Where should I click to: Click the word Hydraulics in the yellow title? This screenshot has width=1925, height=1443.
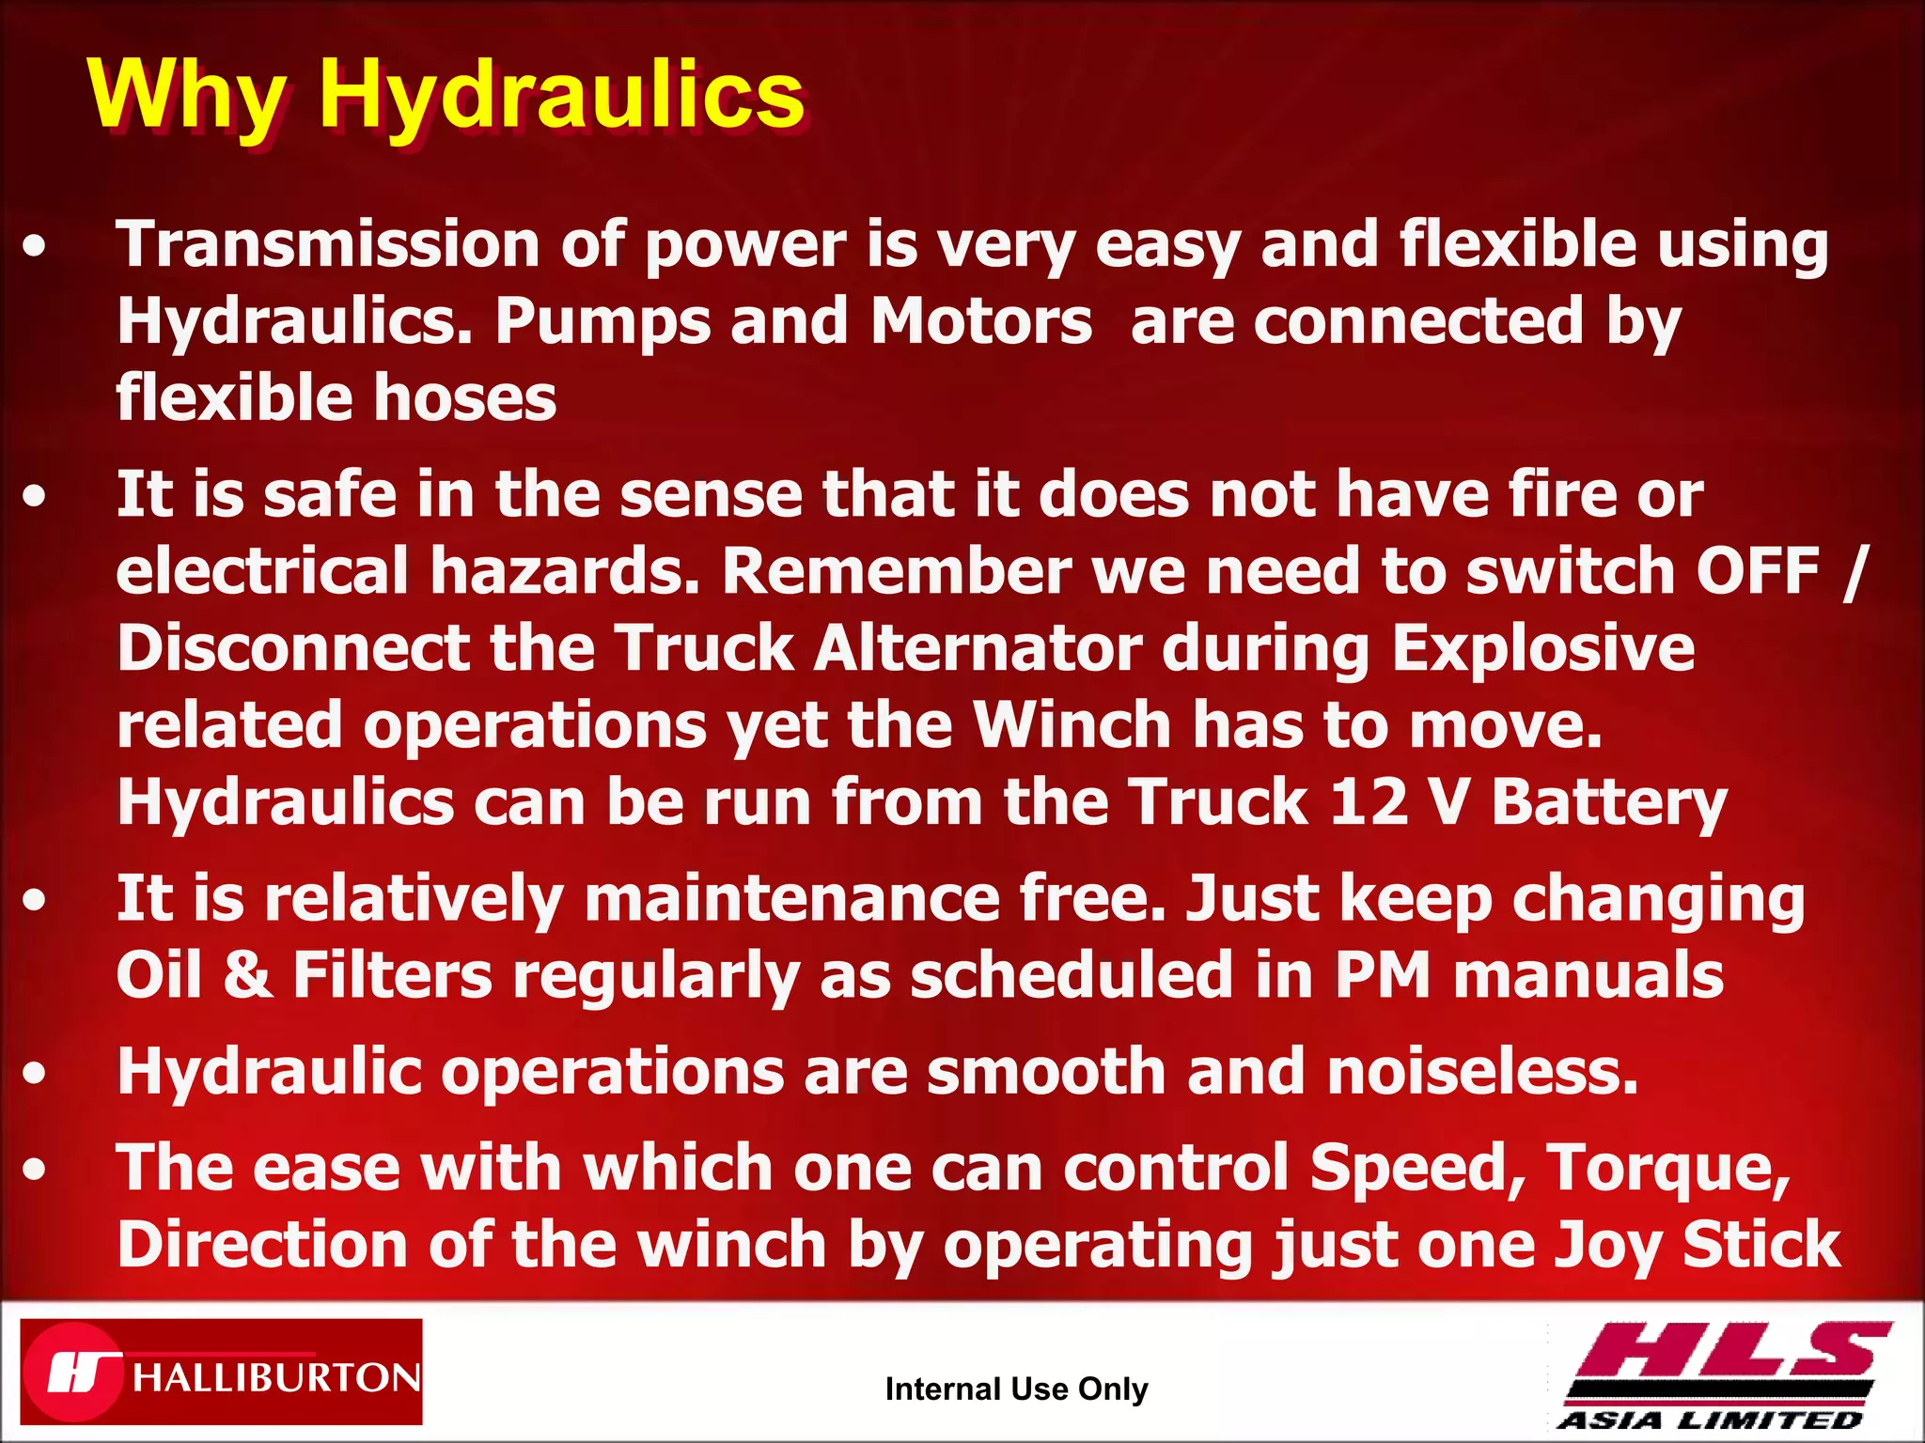(x=561, y=96)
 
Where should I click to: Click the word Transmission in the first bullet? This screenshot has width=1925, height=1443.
(x=328, y=245)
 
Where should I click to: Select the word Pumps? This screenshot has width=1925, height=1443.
(x=603, y=322)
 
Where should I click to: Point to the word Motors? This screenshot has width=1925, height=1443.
(x=981, y=322)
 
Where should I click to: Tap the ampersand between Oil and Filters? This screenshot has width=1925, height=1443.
(x=248, y=975)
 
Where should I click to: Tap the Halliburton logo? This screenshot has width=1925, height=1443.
(x=222, y=1373)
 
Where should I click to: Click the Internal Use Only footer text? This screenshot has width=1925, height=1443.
(x=1016, y=1389)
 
